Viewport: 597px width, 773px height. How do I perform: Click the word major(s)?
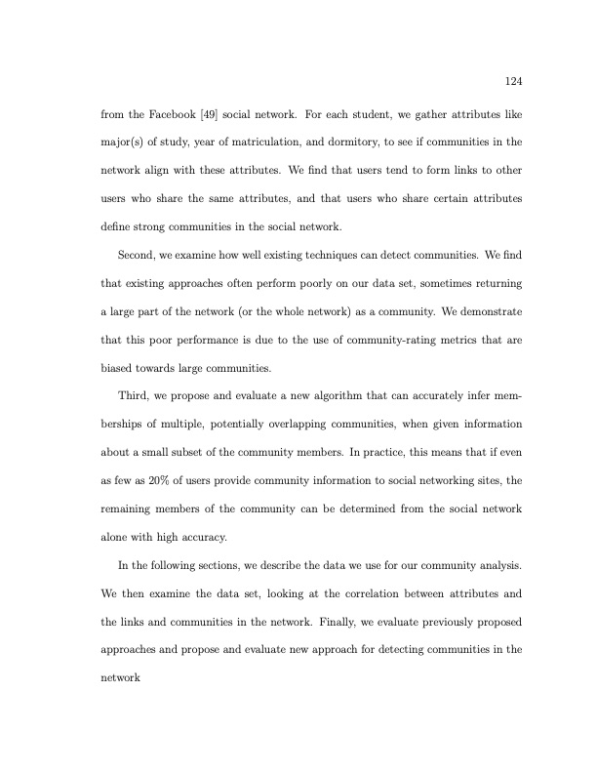[x=123, y=142]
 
